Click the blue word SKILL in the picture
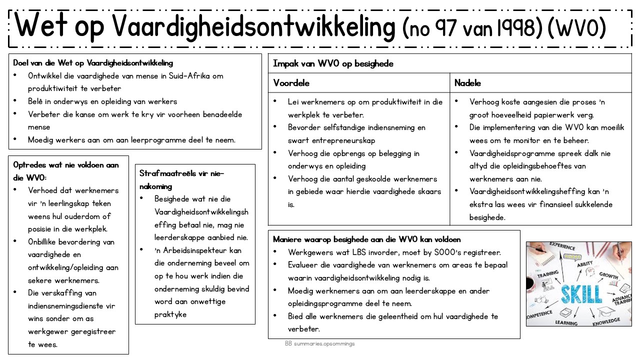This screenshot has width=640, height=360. pos(581,293)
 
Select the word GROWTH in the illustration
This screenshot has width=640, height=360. pos(608,275)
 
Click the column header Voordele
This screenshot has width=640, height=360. pos(291,83)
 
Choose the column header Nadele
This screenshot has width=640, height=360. pos(467,83)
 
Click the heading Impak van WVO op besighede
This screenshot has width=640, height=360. pos(333,63)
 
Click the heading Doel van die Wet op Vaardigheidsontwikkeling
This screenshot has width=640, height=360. pos(93,63)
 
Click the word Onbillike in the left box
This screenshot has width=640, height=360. pos(46,242)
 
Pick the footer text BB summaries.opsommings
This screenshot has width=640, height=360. pos(320,343)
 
